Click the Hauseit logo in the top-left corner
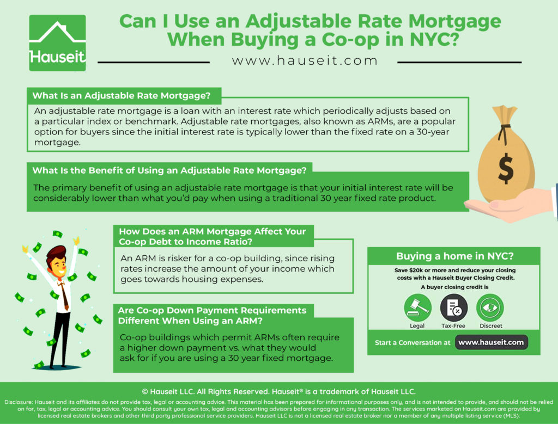tap(57, 42)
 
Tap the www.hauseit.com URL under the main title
tap(305, 60)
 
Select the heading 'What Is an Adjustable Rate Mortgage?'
tap(122, 96)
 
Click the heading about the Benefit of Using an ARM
tap(169, 170)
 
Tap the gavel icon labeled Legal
tap(417, 308)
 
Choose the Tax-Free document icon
tap(454, 308)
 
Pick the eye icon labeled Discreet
tap(490, 308)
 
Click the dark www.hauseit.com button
tap(491, 342)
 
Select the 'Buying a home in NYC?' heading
tap(454, 256)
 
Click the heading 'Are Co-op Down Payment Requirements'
tap(212, 310)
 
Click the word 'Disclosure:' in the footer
tap(19, 402)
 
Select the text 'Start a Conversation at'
tap(413, 342)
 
